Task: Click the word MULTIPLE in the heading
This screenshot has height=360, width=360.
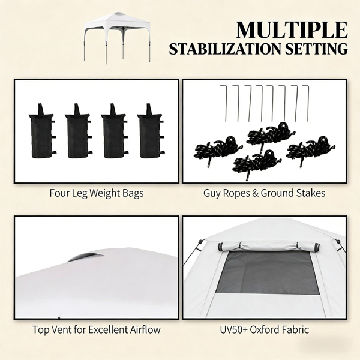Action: point(292,30)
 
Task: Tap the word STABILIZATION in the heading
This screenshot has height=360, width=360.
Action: point(225,49)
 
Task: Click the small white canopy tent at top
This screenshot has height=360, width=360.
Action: point(117,38)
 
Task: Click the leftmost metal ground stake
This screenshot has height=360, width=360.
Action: point(224,103)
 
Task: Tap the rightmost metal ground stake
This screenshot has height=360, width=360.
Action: point(305,103)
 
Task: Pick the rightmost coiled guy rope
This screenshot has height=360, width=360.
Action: point(311,149)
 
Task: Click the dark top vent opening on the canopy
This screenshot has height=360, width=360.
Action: point(85,257)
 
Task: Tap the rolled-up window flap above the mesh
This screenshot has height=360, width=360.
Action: point(269,247)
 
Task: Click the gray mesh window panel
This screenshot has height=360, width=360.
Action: point(268,272)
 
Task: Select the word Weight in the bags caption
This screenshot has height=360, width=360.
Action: point(104,193)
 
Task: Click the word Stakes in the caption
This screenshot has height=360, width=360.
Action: point(311,193)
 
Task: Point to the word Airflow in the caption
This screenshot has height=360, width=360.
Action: point(145,329)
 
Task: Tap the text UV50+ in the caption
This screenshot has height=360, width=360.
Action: point(234,329)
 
